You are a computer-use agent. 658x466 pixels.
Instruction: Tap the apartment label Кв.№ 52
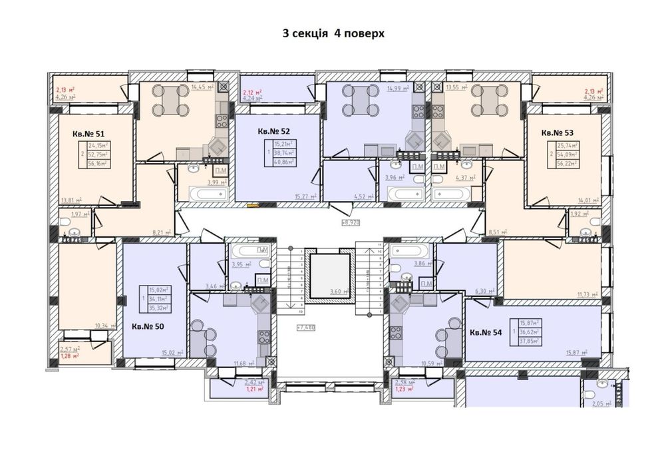pyautogui.click(x=273, y=131)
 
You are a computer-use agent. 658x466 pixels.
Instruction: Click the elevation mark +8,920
pyautogui.click(x=350, y=223)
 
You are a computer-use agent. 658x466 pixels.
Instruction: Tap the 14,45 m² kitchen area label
pyautogui.click(x=202, y=87)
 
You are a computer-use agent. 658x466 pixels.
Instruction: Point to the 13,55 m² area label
pyautogui.click(x=456, y=87)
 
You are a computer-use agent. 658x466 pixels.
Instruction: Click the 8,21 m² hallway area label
pyautogui.click(x=162, y=232)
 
